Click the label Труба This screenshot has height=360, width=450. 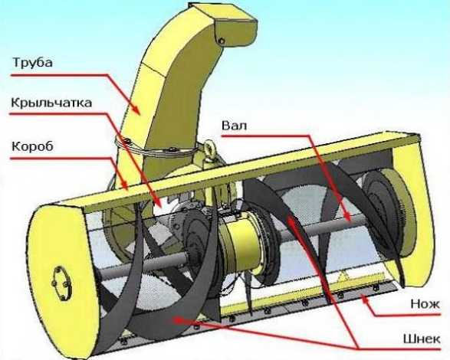32,62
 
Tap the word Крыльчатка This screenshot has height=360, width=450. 51,103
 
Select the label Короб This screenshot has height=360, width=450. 32,146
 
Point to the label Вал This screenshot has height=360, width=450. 234,126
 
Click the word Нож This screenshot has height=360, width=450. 425,303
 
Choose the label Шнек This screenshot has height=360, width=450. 422,339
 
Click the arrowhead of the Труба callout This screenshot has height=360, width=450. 136,110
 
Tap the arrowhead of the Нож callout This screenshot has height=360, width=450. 365,299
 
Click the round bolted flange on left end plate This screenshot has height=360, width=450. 61,283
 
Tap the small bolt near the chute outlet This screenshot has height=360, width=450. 222,41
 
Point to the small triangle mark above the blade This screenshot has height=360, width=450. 343,277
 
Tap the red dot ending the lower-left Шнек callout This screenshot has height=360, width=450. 178,320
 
